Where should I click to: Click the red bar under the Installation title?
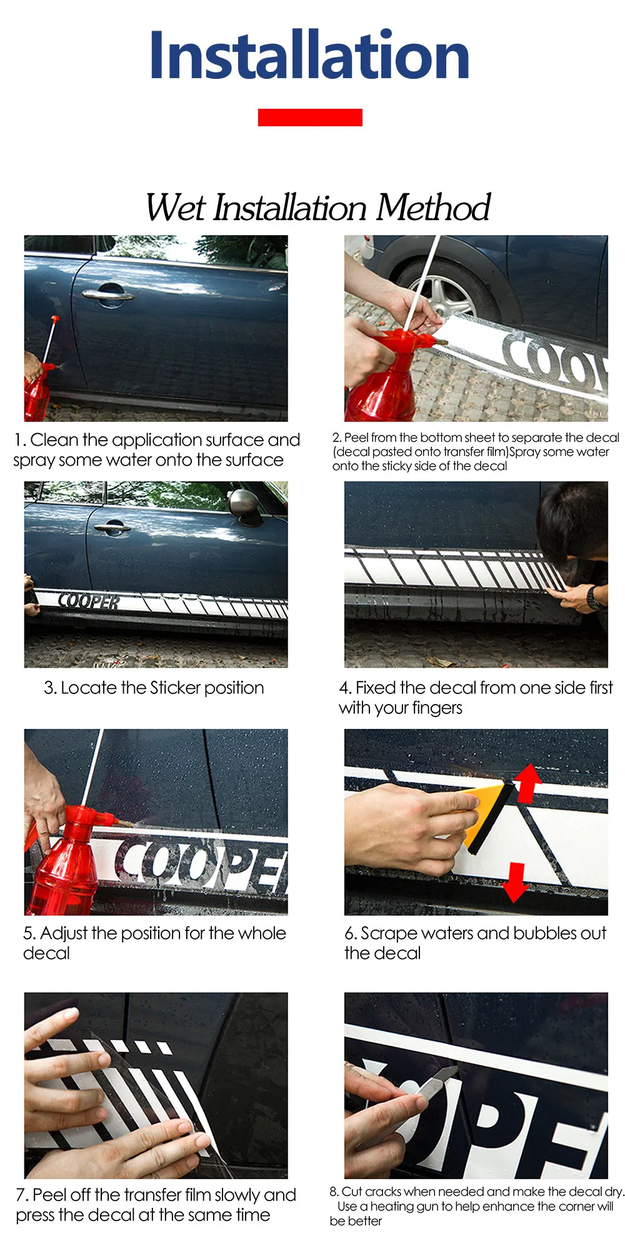click(310, 118)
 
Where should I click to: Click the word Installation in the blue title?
click(309, 56)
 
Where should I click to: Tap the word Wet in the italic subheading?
click(175, 208)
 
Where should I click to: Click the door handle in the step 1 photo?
click(108, 293)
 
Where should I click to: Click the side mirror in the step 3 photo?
click(245, 505)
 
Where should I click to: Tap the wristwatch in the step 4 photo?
click(594, 598)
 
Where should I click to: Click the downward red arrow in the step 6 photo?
click(515, 882)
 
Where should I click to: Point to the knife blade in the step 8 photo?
click(437, 1085)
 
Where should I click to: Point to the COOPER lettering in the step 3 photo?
click(89, 601)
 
